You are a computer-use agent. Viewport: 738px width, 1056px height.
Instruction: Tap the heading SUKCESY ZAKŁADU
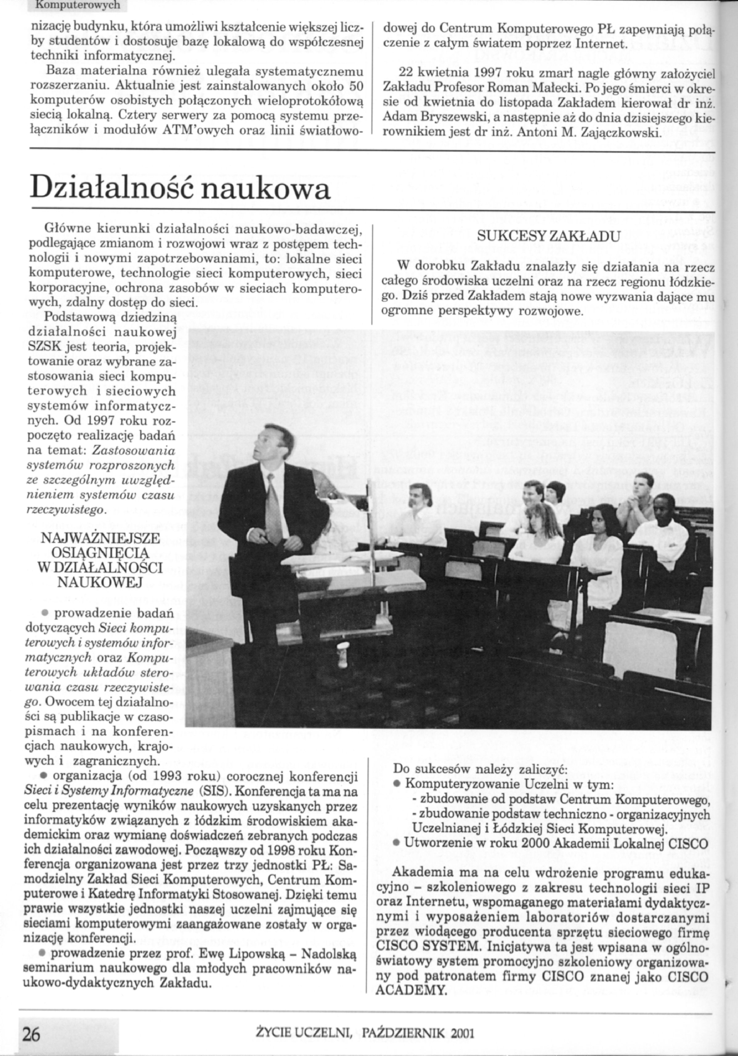point(549,237)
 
